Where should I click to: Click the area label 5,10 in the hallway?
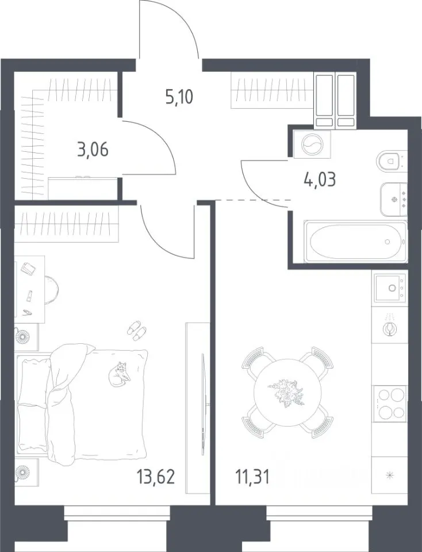coord(179,97)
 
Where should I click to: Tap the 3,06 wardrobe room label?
coord(93,149)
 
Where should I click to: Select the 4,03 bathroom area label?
coord(320,179)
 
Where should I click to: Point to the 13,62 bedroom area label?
coord(156,478)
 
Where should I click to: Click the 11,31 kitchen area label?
coord(252,478)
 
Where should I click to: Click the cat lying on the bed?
coord(120,374)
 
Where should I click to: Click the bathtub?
coord(355,241)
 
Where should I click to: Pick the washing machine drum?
coord(312,144)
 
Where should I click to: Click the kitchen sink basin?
coord(389,288)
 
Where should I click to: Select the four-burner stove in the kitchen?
coord(390,404)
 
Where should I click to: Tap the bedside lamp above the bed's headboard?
coord(24,336)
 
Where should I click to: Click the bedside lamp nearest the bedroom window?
coord(24,471)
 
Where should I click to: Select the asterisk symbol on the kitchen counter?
coord(389,476)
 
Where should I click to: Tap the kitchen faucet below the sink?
coord(390,327)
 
